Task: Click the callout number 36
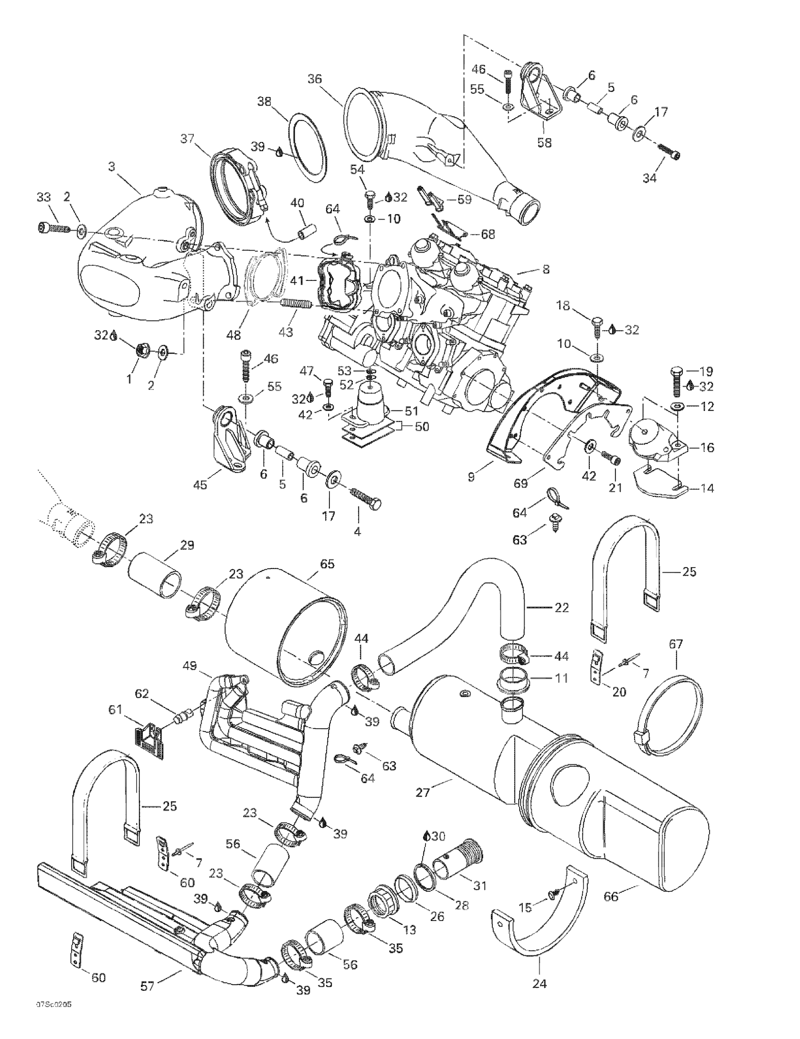[x=314, y=79]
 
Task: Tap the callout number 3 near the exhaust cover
[x=112, y=167]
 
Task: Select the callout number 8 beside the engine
[x=546, y=269]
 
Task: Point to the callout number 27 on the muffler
[x=422, y=792]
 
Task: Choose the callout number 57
[x=148, y=986]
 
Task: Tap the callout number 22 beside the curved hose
[x=562, y=607]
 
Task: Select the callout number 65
[x=327, y=564]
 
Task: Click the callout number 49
[x=189, y=666]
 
